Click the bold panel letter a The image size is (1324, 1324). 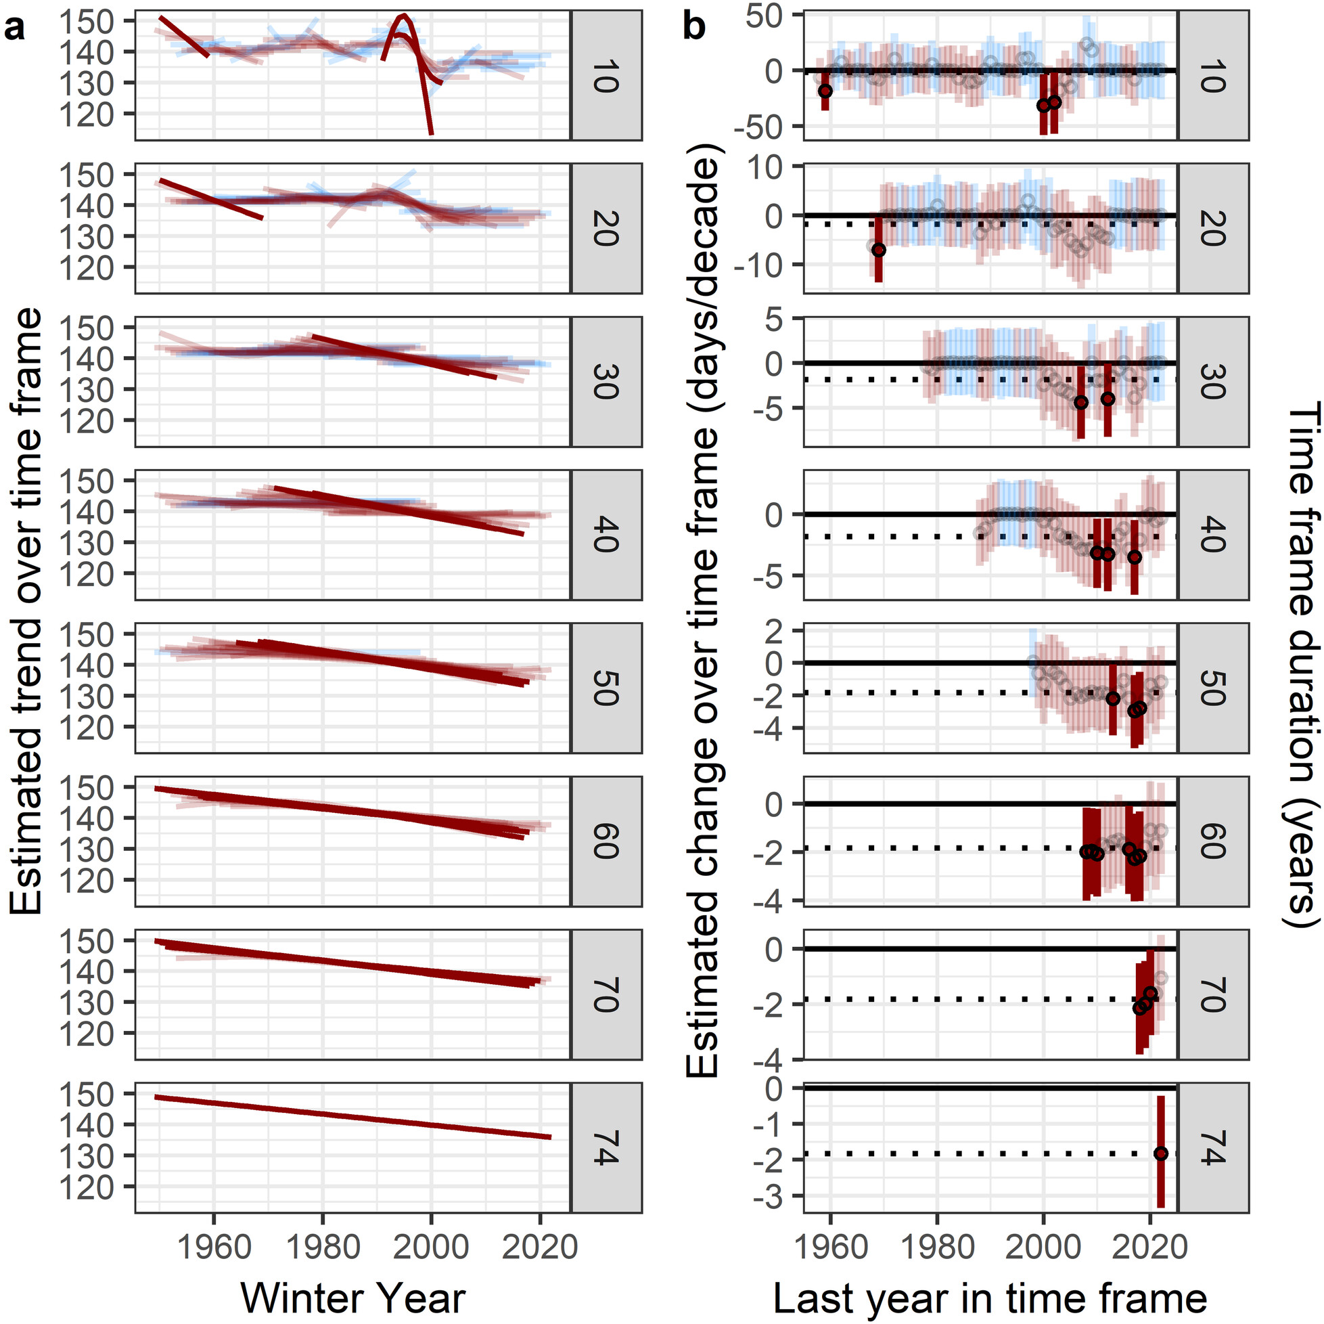tap(14, 29)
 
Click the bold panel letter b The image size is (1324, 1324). tap(695, 29)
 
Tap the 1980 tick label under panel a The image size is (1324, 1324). tap(322, 1246)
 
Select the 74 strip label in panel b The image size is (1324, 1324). tap(1212, 1147)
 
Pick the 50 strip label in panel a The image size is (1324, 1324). tap(606, 688)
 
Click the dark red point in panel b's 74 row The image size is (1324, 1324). tap(1160, 1153)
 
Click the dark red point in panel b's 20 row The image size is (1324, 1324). tap(879, 250)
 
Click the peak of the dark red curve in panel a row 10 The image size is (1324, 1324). tap(405, 16)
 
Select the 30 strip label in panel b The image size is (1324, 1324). tap(1212, 382)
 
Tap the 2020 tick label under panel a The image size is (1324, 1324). tap(540, 1246)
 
